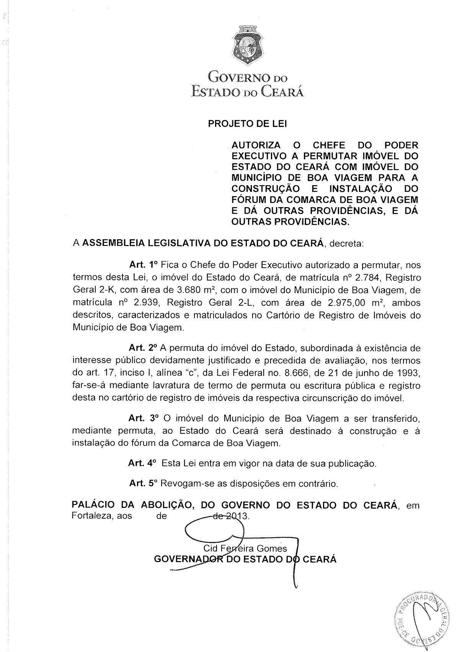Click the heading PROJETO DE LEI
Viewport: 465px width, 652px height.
coord(247,124)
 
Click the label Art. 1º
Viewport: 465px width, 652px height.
coord(144,264)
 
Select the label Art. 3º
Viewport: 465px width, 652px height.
coord(143,418)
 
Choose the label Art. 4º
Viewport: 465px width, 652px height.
coord(142,463)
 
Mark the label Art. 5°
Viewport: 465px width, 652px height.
coord(144,483)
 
